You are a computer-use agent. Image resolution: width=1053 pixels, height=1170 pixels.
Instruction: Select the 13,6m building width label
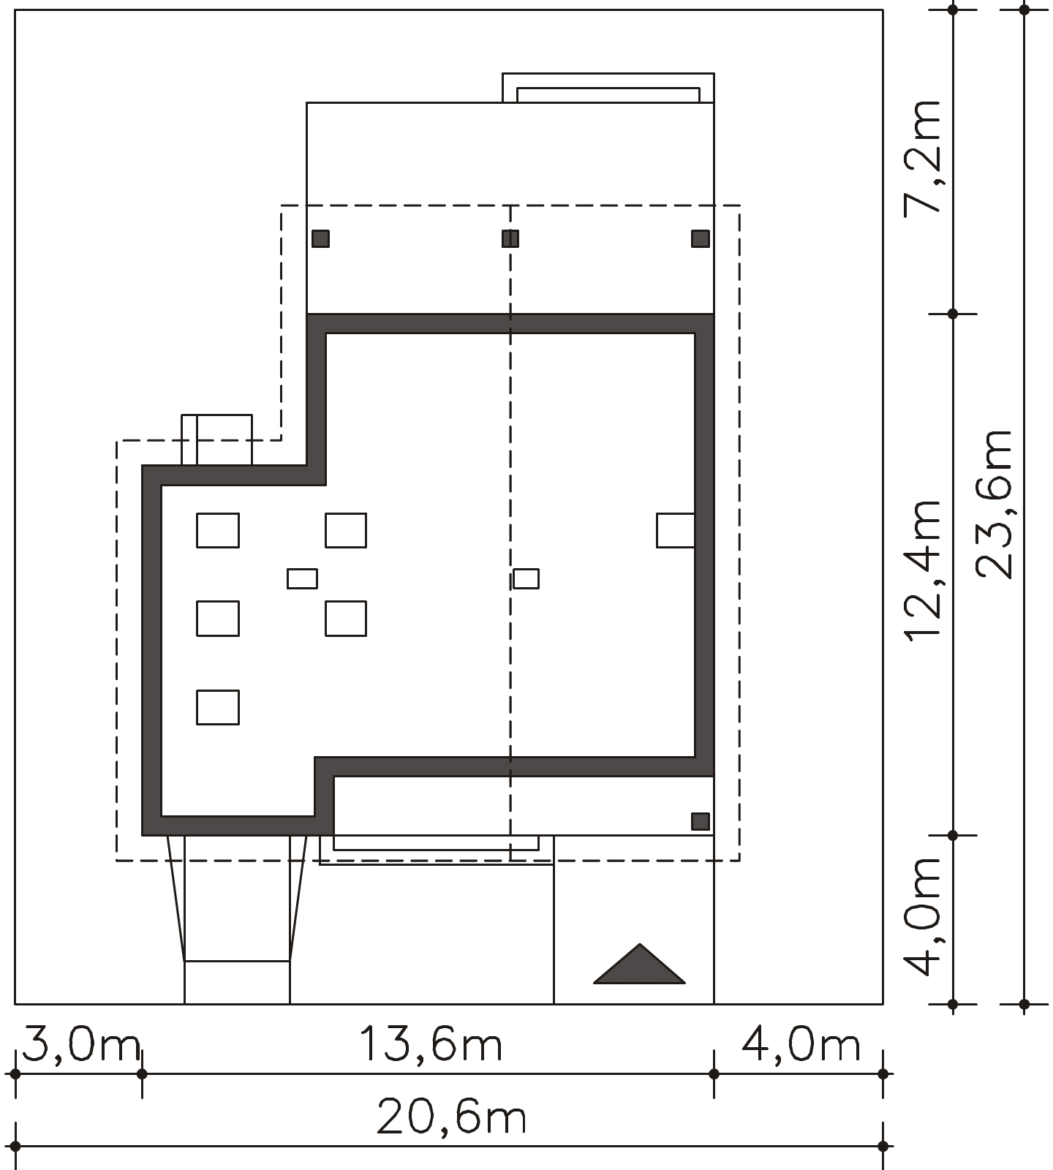point(431,1045)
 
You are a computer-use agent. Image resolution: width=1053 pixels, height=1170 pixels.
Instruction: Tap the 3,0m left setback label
point(80,1045)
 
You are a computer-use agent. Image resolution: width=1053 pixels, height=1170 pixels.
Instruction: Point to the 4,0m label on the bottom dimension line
point(801,1045)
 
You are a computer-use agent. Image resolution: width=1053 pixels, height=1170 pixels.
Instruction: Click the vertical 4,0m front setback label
point(922,917)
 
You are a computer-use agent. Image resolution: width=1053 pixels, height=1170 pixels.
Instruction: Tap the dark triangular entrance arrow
point(639,965)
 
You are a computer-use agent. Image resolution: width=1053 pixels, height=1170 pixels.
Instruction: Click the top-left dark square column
point(320,238)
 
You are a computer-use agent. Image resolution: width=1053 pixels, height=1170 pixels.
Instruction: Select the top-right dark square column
point(701,238)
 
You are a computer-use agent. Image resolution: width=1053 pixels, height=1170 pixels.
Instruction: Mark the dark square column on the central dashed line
point(510,238)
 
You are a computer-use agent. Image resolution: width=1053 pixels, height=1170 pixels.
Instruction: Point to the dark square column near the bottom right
point(701,821)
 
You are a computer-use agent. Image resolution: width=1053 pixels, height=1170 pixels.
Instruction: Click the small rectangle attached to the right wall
point(676,530)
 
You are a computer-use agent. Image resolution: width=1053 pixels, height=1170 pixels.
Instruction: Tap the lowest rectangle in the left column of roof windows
point(218,707)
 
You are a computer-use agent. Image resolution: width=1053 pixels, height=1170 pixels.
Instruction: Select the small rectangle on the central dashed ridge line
point(526,578)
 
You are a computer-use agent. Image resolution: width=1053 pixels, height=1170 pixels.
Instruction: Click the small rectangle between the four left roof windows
point(302,578)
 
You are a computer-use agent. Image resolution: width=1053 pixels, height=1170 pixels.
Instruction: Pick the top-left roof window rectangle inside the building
point(218,530)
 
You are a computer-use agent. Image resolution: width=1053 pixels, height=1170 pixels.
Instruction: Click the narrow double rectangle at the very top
point(608,88)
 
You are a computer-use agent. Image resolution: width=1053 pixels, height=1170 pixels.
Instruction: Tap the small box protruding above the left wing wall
point(216,439)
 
